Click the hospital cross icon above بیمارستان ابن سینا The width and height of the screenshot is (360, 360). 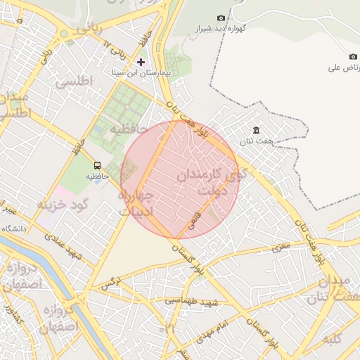pos(141,62)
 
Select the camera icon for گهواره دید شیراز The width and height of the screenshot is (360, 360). pos(221,18)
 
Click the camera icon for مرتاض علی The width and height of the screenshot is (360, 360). pos(353,57)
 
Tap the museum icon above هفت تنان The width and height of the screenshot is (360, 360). pos(256,131)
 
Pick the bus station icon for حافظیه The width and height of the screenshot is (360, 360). pos(97,166)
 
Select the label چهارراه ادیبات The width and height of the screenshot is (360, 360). pos(141,202)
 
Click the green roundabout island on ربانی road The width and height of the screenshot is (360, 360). pos(64,33)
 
